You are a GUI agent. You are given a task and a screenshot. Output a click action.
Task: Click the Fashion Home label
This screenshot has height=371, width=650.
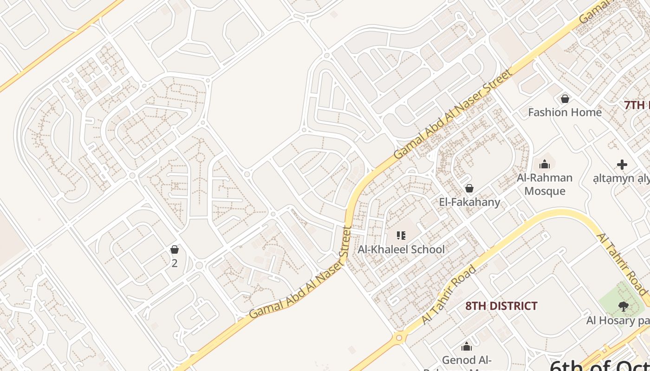coord(565,112)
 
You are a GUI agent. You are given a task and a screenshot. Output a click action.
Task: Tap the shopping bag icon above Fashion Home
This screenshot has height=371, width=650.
coord(565,99)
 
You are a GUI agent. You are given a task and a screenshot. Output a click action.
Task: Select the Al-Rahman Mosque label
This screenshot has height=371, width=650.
coord(545,184)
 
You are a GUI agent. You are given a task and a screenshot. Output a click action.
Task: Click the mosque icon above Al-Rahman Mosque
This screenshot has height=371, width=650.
coord(545,164)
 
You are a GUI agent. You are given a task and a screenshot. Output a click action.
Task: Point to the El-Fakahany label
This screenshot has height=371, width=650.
coord(469,202)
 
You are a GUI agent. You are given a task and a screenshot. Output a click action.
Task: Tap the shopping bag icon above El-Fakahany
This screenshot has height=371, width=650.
coord(469,188)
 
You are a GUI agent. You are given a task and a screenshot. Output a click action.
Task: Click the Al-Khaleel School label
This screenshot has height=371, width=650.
coord(401,249)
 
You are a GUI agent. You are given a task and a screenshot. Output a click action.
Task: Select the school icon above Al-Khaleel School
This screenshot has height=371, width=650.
coord(401,236)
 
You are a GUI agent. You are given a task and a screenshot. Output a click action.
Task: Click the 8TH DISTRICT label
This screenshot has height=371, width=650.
coord(501,306)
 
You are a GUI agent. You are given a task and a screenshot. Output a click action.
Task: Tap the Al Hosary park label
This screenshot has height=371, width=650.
coord(617,320)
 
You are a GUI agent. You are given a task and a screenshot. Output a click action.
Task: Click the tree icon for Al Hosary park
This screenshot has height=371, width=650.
coord(623,306)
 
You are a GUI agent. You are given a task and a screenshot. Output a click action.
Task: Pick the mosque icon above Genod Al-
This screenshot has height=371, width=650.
coord(467,346)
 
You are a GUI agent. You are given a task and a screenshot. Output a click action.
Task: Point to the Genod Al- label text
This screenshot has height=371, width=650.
coord(467,360)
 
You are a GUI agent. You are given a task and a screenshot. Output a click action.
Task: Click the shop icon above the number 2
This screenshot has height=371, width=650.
coord(175,250)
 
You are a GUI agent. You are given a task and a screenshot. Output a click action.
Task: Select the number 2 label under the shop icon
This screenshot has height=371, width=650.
coord(175,263)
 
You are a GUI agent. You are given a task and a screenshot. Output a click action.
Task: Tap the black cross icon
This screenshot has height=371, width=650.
coord(622,165)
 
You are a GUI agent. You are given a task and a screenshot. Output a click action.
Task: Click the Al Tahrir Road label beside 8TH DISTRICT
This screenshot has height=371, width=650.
coord(449,295)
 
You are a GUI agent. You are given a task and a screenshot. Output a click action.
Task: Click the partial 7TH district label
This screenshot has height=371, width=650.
coord(637,105)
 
